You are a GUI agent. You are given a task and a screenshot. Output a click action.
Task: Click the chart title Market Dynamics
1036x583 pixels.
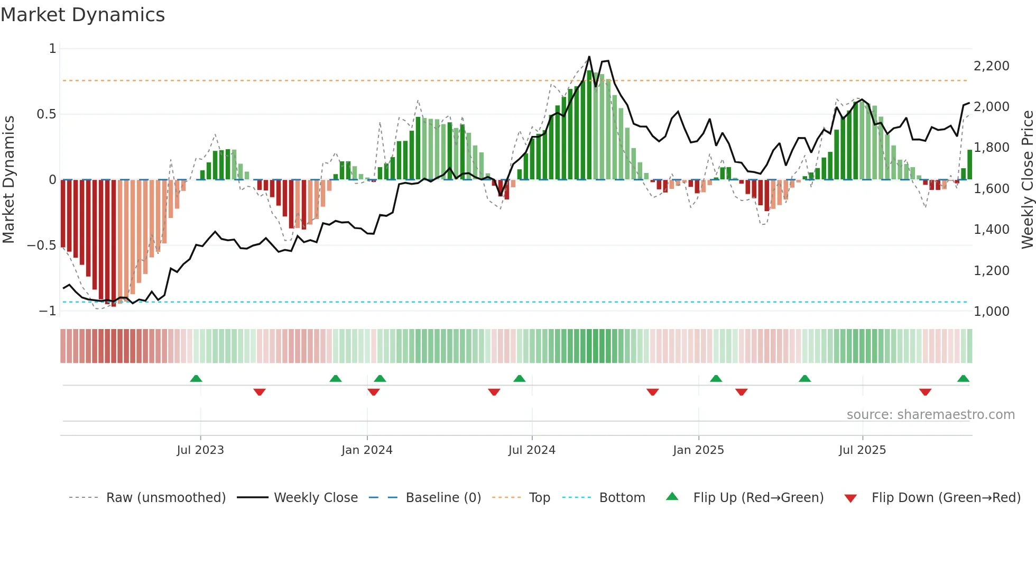(x=82, y=15)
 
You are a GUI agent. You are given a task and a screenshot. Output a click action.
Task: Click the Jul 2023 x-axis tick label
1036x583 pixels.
(x=200, y=450)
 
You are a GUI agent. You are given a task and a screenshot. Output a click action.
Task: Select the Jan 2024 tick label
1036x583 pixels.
(x=367, y=450)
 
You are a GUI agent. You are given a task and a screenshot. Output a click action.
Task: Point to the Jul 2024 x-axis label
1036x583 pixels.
(x=532, y=450)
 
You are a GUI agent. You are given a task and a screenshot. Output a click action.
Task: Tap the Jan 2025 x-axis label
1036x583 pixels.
(x=698, y=450)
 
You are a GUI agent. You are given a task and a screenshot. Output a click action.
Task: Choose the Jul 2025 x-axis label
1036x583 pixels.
(x=862, y=450)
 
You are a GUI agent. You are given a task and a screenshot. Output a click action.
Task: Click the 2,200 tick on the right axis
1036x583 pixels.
(x=991, y=66)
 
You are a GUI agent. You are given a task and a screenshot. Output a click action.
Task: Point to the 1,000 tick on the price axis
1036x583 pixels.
(x=991, y=311)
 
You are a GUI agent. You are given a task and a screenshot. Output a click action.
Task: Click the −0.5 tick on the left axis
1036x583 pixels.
(x=41, y=245)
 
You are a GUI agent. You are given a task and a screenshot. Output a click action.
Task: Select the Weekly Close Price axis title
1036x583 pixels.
(x=1027, y=180)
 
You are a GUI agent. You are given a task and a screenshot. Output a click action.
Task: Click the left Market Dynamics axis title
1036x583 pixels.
(x=8, y=180)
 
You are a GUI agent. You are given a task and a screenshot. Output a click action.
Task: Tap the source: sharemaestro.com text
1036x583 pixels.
(x=930, y=415)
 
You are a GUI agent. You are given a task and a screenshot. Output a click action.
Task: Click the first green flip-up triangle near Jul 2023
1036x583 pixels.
(x=196, y=378)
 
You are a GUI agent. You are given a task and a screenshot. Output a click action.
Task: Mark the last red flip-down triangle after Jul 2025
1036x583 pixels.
(x=925, y=392)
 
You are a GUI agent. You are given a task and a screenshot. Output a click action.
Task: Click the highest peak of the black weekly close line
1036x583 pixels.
(x=589, y=57)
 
